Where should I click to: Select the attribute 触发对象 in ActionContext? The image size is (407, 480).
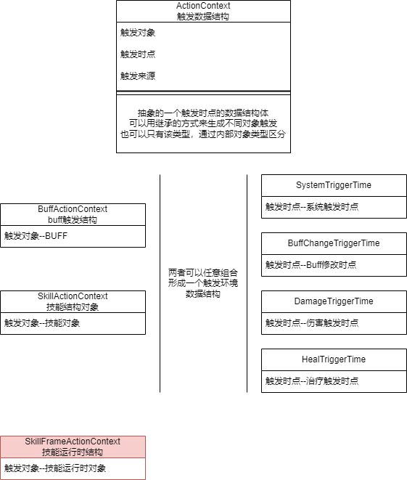click(138, 33)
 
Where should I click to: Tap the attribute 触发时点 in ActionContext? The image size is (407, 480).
click(138, 54)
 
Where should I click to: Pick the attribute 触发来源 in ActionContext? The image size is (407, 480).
click(138, 76)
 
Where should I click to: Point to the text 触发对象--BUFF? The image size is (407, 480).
click(36, 236)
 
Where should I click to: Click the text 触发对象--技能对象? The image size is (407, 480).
click(42, 323)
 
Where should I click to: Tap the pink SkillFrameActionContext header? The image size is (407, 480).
click(73, 447)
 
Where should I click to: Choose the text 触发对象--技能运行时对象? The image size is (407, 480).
click(55, 468)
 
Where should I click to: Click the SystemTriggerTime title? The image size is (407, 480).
click(334, 185)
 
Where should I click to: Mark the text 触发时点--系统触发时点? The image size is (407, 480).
click(312, 207)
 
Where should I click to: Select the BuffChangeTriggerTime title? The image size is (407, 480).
click(334, 243)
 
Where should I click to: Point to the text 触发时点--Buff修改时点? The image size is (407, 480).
click(311, 265)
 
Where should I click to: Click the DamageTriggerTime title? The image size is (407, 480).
click(334, 301)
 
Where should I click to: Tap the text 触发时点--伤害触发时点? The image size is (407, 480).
click(312, 323)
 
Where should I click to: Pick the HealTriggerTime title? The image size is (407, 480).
click(334, 359)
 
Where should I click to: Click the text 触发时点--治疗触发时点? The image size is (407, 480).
click(312, 381)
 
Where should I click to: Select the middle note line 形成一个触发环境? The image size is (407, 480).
click(203, 283)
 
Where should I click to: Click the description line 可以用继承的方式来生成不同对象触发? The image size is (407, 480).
click(203, 123)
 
